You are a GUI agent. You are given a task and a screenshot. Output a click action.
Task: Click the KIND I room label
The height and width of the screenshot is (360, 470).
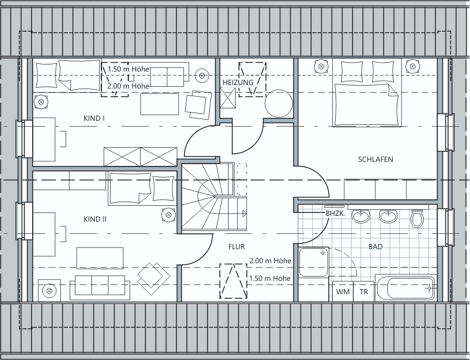tap(94, 118)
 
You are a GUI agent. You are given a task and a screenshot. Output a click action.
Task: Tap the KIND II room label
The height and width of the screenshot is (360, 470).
tap(95, 219)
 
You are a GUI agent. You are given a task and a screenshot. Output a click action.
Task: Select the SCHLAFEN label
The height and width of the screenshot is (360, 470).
tap(376, 159)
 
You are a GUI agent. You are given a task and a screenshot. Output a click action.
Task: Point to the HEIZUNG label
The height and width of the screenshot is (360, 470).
tap(238, 82)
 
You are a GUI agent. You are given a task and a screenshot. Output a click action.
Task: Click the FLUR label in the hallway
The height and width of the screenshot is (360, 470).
tap(237, 247)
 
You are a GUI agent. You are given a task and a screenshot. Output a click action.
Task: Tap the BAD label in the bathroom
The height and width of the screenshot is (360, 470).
tap(376, 247)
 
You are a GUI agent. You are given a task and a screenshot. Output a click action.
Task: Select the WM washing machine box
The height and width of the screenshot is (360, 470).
tap(343, 291)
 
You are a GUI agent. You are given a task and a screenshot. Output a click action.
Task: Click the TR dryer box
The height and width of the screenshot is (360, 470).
tap(364, 291)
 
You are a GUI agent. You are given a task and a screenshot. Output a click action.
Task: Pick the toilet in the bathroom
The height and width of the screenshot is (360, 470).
tap(417, 219)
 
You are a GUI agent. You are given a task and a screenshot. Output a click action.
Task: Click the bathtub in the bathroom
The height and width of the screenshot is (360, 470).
tap(406, 288)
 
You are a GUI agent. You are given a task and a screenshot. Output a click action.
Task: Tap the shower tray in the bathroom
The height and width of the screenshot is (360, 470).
tap(314, 262)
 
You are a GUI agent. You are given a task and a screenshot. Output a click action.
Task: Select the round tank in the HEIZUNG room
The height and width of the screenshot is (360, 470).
tap(278, 103)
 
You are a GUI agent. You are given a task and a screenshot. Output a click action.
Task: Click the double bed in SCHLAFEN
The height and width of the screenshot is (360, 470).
tap(367, 93)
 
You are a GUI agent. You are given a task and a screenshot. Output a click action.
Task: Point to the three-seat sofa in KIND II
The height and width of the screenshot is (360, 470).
tap(100, 287)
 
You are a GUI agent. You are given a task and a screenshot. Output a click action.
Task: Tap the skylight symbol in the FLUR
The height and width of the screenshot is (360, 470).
tap(233, 281)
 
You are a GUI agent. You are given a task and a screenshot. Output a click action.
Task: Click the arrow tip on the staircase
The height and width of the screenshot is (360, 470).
tap(246, 213)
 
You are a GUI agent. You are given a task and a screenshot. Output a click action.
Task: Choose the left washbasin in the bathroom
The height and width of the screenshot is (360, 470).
tap(360, 216)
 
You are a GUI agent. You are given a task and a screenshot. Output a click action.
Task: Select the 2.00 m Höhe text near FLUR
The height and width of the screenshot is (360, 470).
tap(270, 261)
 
